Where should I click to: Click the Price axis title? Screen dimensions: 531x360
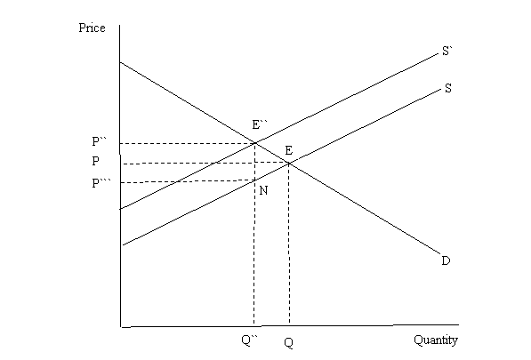pos(92,28)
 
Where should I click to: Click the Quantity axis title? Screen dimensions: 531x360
pos(436,340)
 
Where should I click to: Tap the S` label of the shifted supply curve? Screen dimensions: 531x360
pos(447,51)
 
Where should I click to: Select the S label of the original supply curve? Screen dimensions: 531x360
pos(447,88)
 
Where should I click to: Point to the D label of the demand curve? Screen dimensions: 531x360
pos(446,260)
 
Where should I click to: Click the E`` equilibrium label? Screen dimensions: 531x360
pos(260,124)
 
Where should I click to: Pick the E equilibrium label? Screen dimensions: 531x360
pos(288,150)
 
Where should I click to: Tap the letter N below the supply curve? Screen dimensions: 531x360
pos(263,191)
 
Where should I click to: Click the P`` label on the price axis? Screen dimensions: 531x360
pos(99,141)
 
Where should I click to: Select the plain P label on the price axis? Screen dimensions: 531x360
pos(96,161)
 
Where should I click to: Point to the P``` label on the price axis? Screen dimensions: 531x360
pos(101,183)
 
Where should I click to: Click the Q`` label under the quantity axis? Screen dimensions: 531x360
pos(249,340)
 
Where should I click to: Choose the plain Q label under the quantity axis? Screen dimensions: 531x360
pos(288,343)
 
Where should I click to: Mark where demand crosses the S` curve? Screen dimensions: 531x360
pos(255,143)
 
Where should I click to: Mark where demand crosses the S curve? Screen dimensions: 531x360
pos(289,164)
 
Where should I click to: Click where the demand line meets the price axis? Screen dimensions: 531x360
pos(120,62)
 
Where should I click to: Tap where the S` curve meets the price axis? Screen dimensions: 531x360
pos(120,209)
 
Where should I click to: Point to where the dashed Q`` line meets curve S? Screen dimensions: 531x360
pos(254,180)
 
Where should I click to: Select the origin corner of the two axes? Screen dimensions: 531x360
pos(121,327)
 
